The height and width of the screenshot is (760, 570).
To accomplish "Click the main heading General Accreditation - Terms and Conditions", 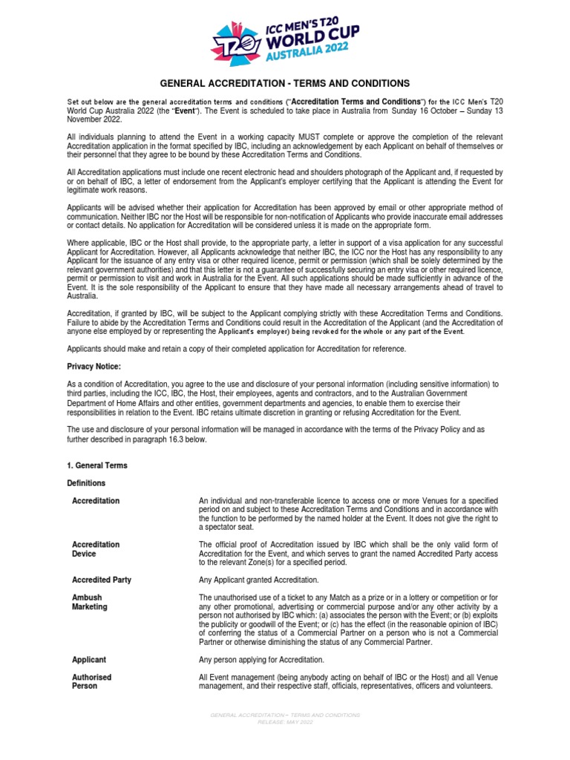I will pyautogui.click(x=285, y=83).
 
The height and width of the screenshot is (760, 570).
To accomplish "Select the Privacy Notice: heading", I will pyautogui.click(x=94, y=367).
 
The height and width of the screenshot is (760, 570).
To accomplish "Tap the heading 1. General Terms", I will pyautogui.click(x=97, y=465).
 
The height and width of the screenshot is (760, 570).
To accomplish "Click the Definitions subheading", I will pyautogui.click(x=86, y=483).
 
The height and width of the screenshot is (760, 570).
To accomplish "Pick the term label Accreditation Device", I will pyautogui.click(x=95, y=549).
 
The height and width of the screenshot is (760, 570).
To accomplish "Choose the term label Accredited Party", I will pyautogui.click(x=102, y=580).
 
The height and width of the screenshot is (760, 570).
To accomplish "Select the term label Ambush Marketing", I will pyautogui.click(x=89, y=602).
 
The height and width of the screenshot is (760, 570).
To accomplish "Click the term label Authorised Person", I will pyautogui.click(x=91, y=681).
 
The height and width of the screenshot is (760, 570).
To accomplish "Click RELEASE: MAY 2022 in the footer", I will pyautogui.click(x=285, y=721).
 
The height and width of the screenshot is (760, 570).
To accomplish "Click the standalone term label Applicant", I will pyautogui.click(x=89, y=659).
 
